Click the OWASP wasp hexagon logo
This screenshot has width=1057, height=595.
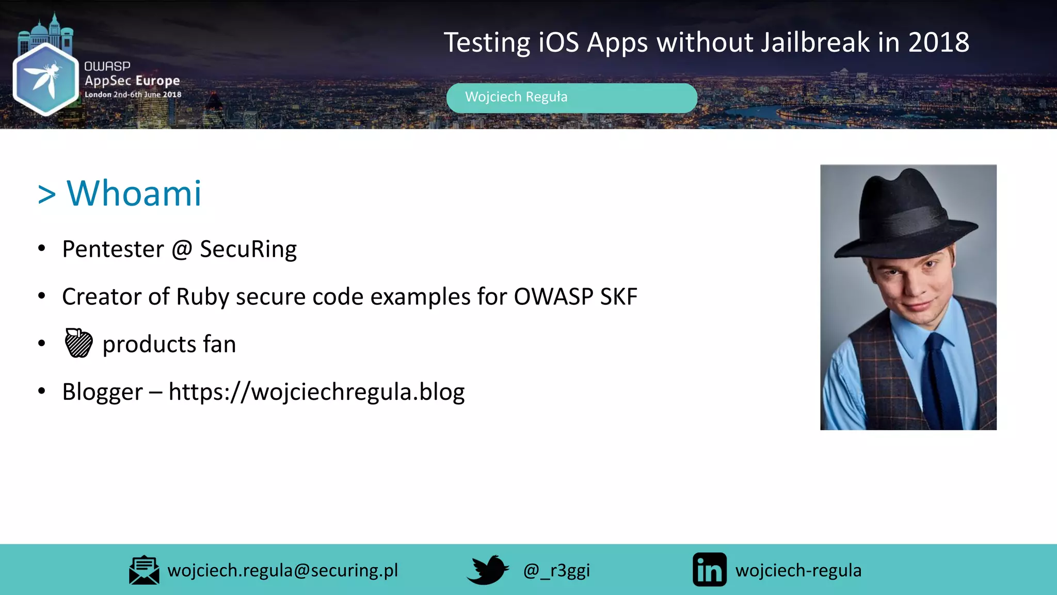pyautogui.click(x=45, y=79)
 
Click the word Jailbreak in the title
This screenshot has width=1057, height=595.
pyautogui.click(x=815, y=42)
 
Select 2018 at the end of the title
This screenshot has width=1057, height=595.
pyautogui.click(x=939, y=42)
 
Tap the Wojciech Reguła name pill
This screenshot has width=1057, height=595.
pyautogui.click(x=571, y=98)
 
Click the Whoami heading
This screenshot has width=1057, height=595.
pyautogui.click(x=134, y=193)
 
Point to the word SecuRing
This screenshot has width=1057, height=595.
pyautogui.click(x=248, y=249)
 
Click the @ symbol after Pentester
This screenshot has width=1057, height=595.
pyautogui.click(x=182, y=249)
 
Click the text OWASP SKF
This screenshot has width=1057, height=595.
pyautogui.click(x=575, y=297)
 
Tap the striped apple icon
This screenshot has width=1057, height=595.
pyautogui.click(x=78, y=343)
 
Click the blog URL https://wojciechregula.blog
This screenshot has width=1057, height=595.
pyautogui.click(x=316, y=392)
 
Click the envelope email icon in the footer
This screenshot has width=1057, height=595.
pyautogui.click(x=144, y=570)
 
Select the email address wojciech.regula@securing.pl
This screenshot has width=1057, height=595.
pyautogui.click(x=283, y=570)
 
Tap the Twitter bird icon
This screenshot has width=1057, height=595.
pyautogui.click(x=487, y=570)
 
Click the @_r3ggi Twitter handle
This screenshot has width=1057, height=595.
pyautogui.click(x=556, y=571)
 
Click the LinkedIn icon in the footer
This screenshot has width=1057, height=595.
pyautogui.click(x=709, y=570)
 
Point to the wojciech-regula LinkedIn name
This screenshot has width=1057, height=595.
pyautogui.click(x=798, y=571)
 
